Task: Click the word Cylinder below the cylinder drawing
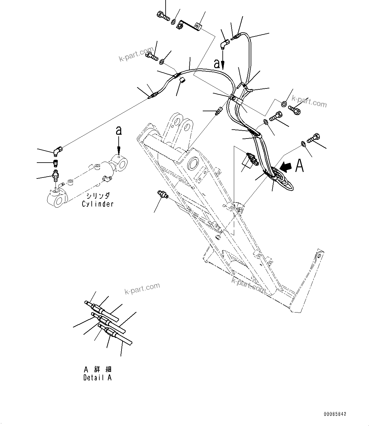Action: pos(97,204)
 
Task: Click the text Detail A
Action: pos(97,378)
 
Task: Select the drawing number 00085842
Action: pos(335,414)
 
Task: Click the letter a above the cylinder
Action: pos(118,131)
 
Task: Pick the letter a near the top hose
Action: pos(217,64)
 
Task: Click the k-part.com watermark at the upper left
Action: pos(140,55)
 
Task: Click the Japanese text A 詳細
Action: pos(98,369)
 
